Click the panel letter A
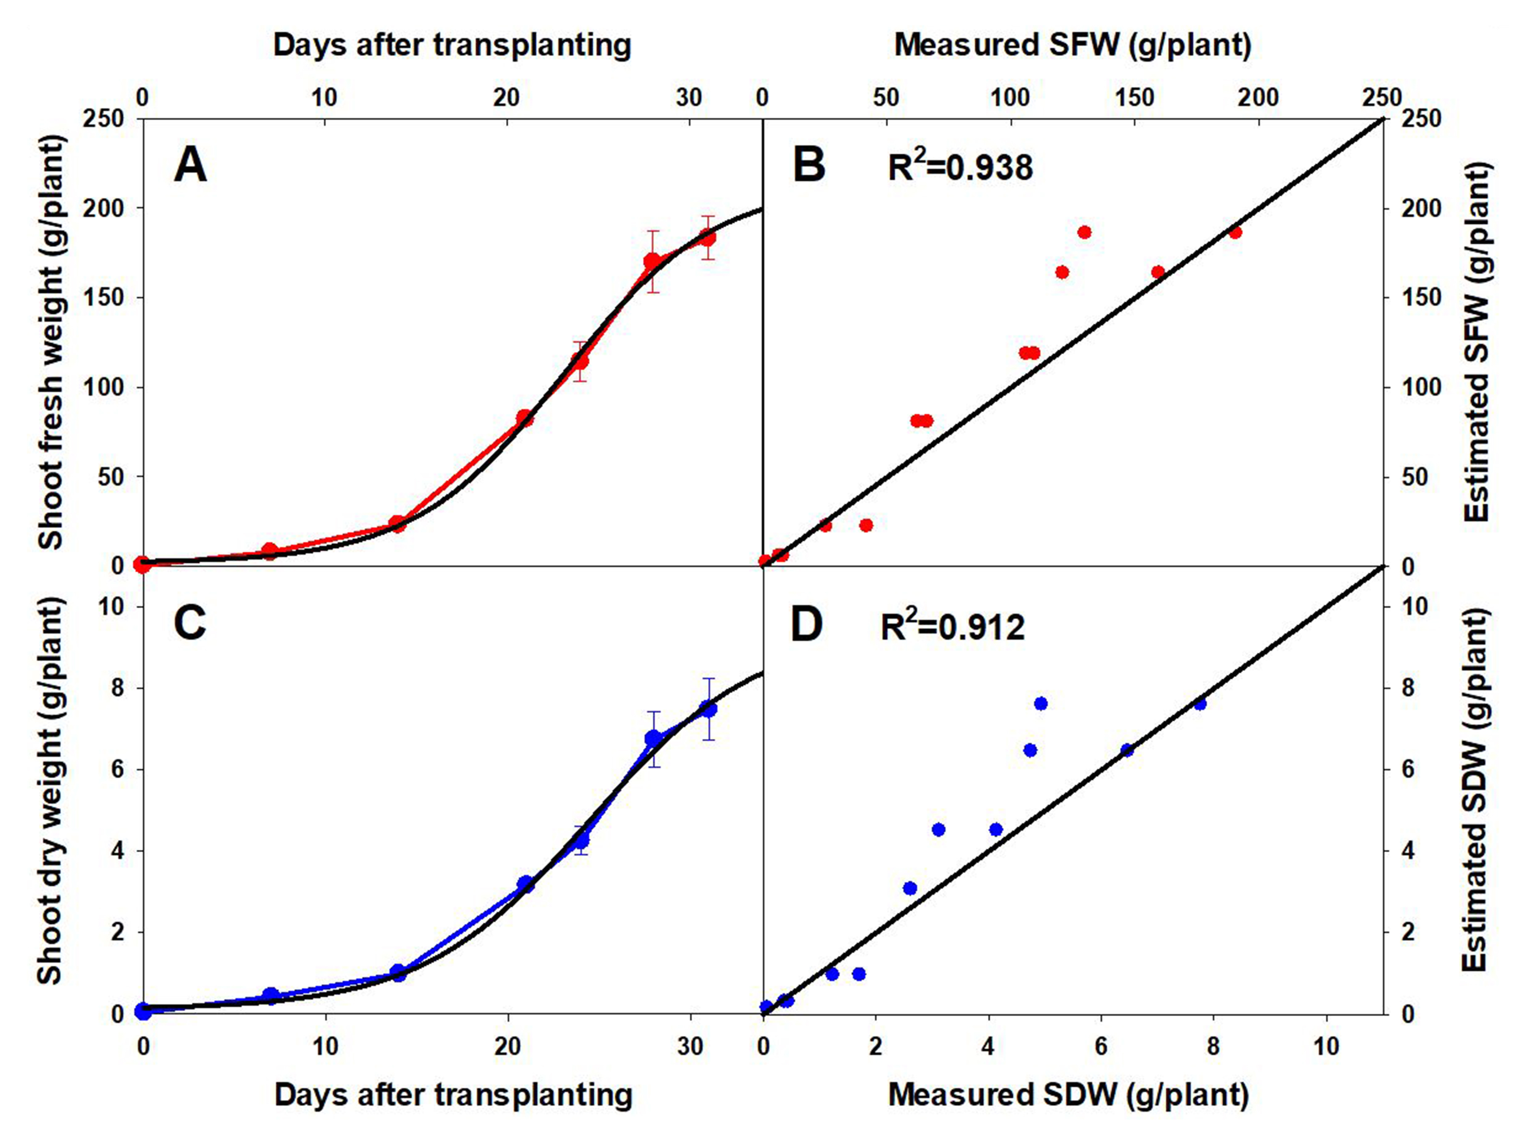pos(191,166)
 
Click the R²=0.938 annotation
pos(960,166)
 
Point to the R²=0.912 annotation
pos(953,626)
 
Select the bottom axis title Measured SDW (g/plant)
pos(1068,1095)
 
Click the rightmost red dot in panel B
pos(1235,233)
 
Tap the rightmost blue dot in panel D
pos(1200,704)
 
